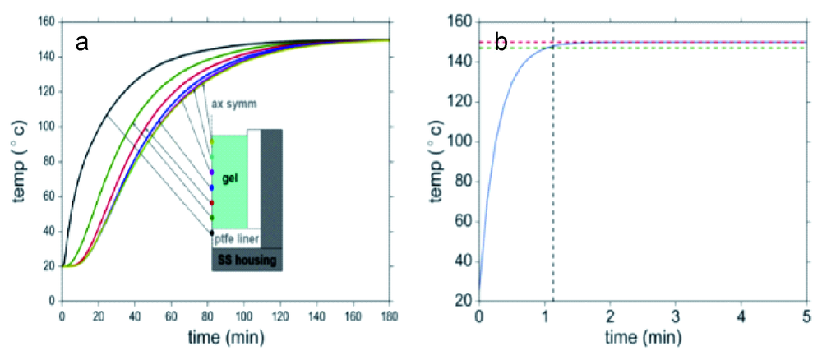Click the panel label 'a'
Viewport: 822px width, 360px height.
tap(82, 43)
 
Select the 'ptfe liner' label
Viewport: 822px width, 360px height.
tap(235, 238)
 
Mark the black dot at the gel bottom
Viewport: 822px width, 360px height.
tap(212, 233)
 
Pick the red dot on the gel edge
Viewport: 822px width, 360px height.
tap(212, 203)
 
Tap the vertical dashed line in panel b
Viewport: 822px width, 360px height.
tap(553, 205)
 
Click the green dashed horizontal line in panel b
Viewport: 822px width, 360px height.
tap(674, 48)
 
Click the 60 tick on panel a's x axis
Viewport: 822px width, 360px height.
tap(171, 315)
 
